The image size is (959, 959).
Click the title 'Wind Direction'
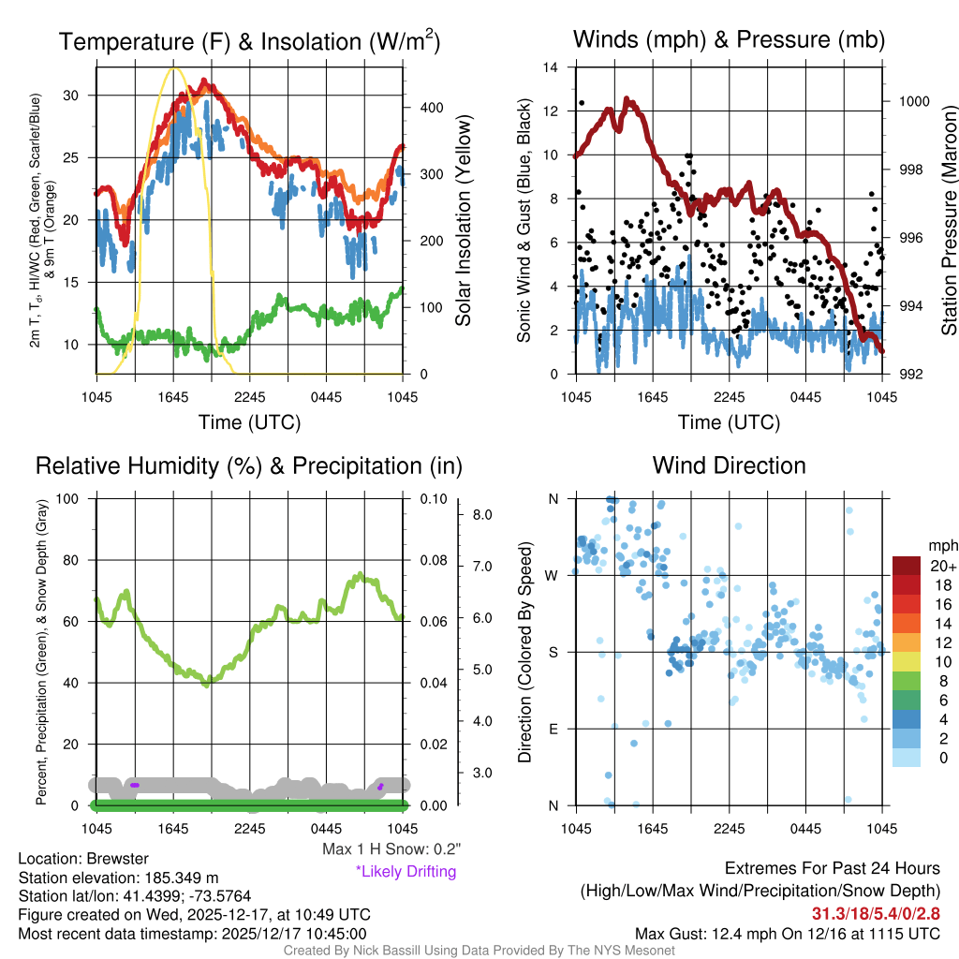[x=729, y=465]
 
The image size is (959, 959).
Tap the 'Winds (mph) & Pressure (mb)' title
[x=729, y=40]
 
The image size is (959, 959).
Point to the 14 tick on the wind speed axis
[x=552, y=67]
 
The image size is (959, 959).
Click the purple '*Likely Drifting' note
[x=406, y=871]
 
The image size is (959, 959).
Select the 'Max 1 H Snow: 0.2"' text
[x=391, y=849]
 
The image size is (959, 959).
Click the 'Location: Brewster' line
[x=83, y=859]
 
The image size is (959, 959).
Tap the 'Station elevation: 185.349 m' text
[x=118, y=878]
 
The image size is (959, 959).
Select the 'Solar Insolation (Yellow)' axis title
[x=463, y=221]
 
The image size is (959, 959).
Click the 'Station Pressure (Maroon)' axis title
[x=949, y=221]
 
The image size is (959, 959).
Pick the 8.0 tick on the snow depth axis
[x=483, y=515]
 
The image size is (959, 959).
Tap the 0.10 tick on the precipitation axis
[x=432, y=499]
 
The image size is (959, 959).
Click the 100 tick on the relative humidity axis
[x=72, y=499]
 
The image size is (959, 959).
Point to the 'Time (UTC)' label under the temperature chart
[x=249, y=422]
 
